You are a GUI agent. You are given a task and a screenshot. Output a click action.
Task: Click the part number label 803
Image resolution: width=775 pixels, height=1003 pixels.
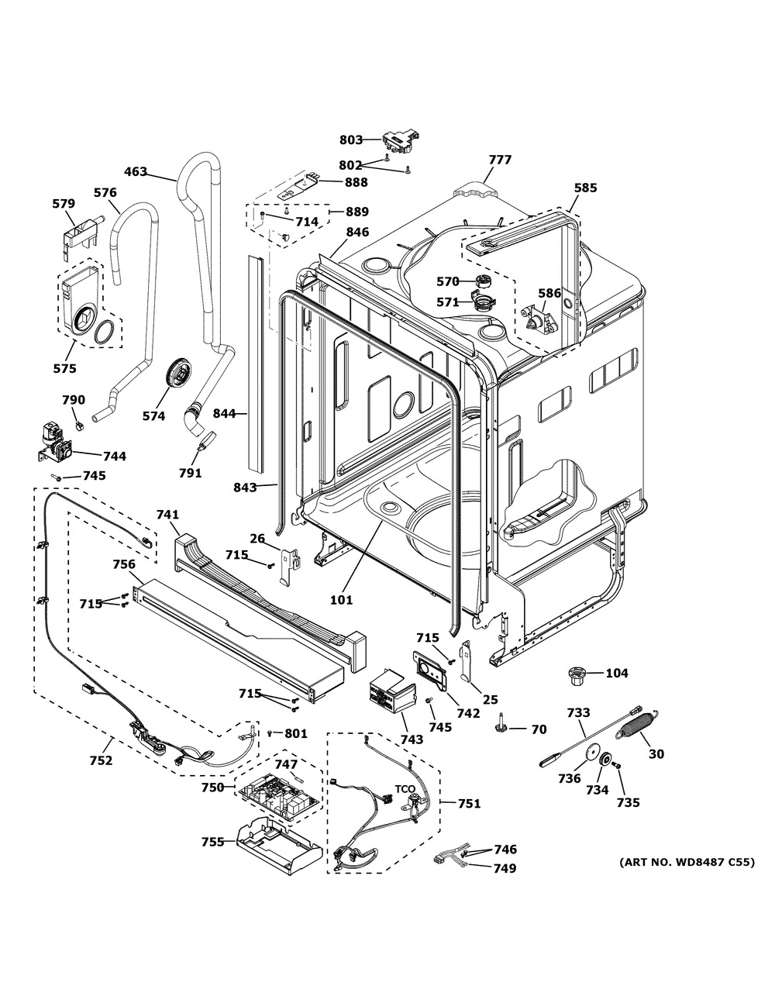click(x=351, y=140)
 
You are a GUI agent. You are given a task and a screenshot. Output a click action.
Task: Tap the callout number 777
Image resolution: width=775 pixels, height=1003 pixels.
click(x=500, y=160)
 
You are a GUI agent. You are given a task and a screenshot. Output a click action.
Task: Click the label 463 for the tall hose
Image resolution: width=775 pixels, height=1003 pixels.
click(x=136, y=171)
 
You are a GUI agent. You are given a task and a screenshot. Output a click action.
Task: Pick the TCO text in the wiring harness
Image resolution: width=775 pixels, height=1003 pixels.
click(x=405, y=789)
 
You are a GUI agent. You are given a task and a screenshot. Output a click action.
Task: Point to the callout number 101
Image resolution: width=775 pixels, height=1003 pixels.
click(x=341, y=599)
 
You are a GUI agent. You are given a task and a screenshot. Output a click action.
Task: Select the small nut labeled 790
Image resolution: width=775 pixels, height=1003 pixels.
click(x=79, y=425)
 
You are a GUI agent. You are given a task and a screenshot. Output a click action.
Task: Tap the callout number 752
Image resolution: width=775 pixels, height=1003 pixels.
click(x=101, y=760)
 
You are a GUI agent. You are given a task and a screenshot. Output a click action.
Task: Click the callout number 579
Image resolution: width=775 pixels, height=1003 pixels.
click(x=64, y=204)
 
